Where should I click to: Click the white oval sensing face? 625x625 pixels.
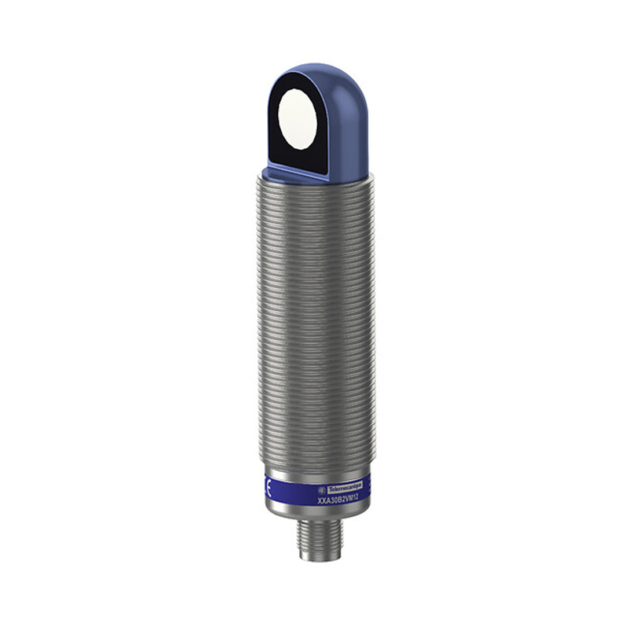click(x=297, y=119)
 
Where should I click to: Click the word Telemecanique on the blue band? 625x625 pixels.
click(x=345, y=489)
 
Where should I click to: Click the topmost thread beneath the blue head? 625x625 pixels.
click(x=315, y=181)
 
